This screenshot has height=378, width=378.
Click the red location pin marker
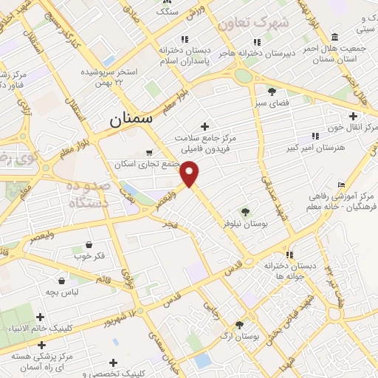click(190, 173)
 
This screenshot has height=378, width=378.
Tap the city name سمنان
click(130, 117)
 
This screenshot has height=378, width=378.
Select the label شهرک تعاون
click(260, 24)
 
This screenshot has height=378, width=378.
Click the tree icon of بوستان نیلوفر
click(245, 211)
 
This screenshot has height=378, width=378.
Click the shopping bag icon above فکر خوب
click(89, 244)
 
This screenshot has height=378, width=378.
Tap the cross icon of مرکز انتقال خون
click(353, 116)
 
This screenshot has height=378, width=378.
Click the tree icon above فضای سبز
click(272, 92)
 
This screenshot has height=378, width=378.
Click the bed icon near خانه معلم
click(340, 185)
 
